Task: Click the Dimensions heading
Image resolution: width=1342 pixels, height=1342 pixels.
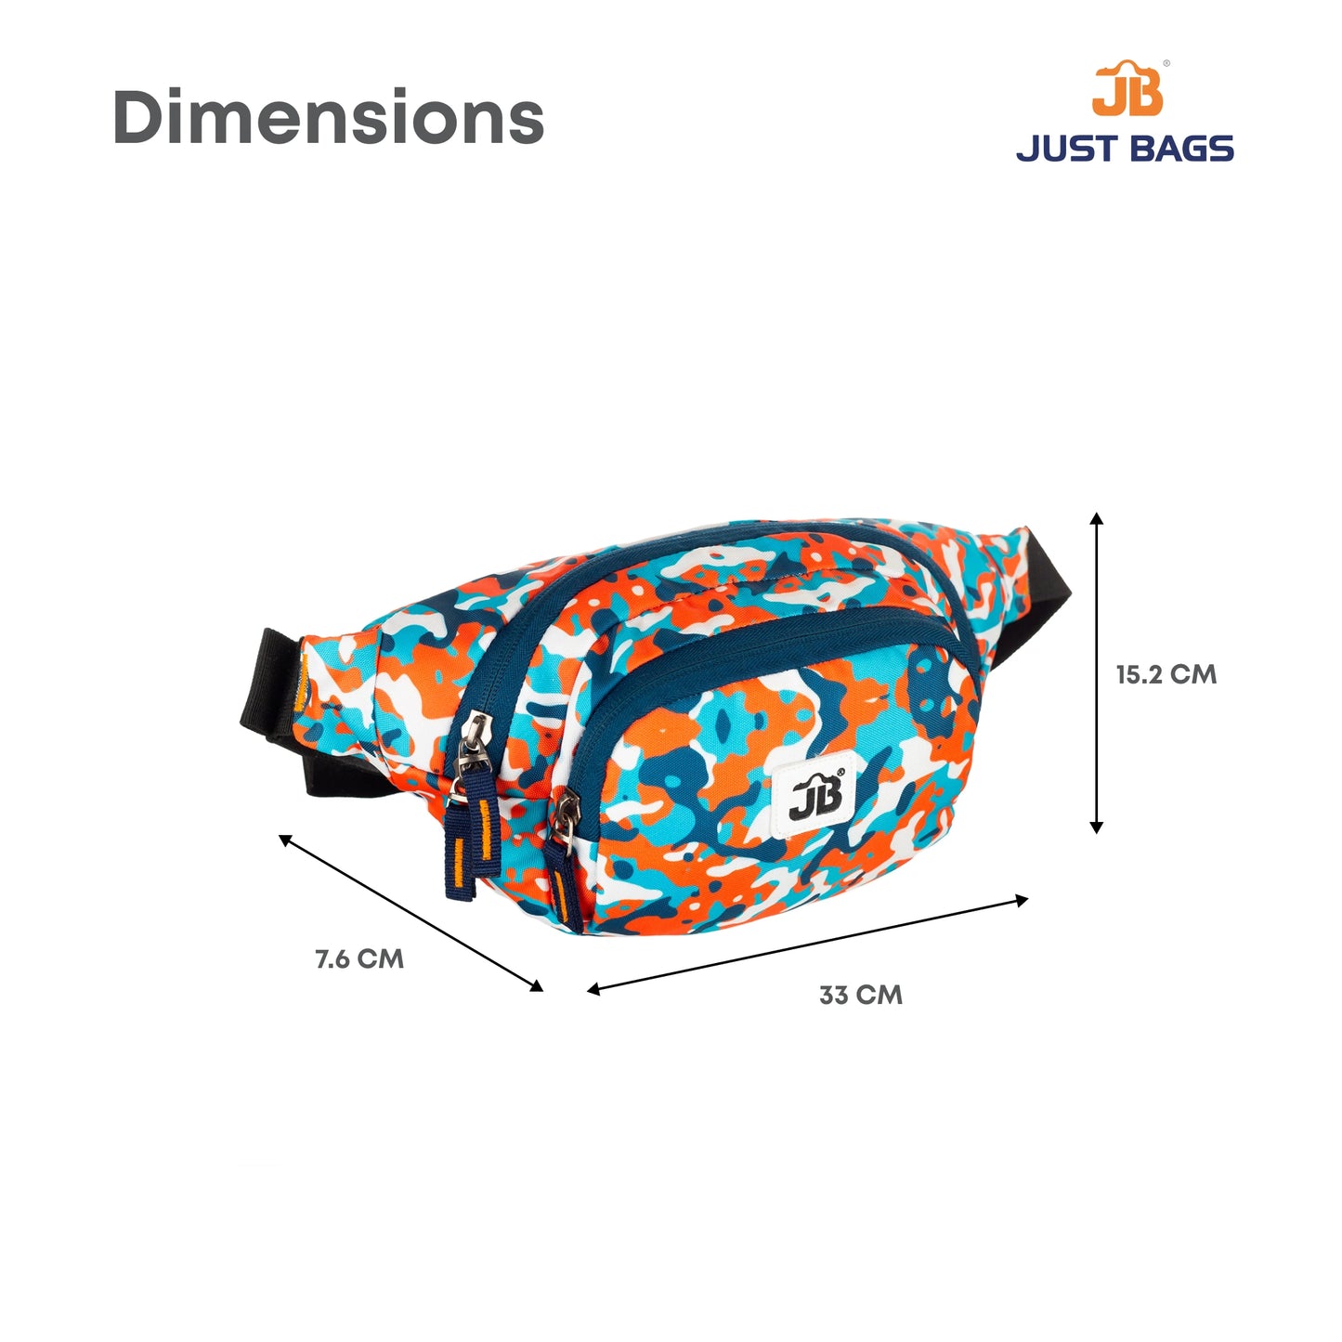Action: [x=328, y=116]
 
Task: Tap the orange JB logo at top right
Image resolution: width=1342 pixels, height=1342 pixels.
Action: [x=1127, y=88]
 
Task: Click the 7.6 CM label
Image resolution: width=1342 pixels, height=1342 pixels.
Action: [x=359, y=959]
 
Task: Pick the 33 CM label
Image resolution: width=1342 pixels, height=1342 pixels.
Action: [x=861, y=996]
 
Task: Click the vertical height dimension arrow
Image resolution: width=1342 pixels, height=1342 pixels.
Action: [x=1097, y=672]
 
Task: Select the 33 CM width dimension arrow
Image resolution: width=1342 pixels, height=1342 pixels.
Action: [x=808, y=945]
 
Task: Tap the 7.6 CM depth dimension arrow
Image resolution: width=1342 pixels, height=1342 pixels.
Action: [x=410, y=912]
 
